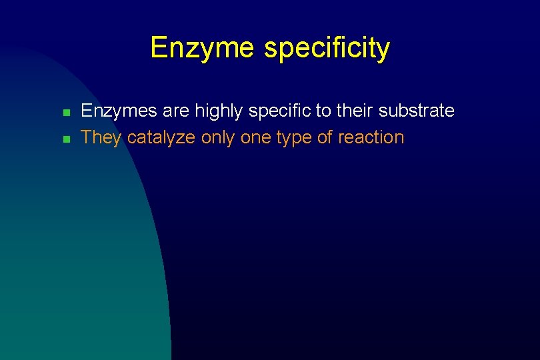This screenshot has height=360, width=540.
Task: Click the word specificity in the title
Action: (327, 48)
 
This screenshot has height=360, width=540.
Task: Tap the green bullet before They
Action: (66, 139)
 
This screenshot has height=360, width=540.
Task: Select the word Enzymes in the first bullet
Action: (113, 111)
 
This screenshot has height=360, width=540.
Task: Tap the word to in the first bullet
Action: (324, 111)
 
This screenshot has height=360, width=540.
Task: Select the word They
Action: (101, 138)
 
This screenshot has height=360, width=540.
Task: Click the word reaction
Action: (371, 138)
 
